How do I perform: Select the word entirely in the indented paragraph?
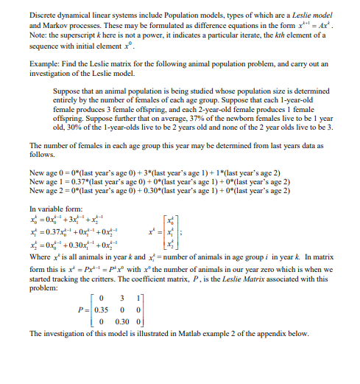click(66, 98)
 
